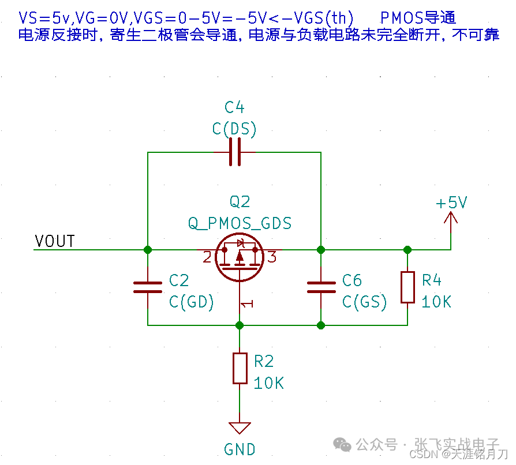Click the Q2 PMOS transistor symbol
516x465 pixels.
click(x=240, y=257)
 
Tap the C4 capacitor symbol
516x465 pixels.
click(x=234, y=152)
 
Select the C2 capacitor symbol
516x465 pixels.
click(x=148, y=287)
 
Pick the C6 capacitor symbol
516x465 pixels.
click(x=321, y=287)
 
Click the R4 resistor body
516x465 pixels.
click(x=407, y=287)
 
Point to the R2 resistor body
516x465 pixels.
click(x=240, y=368)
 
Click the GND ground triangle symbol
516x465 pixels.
click(x=240, y=428)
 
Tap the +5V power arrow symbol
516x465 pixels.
click(x=451, y=217)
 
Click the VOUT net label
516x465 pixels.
click(x=55, y=241)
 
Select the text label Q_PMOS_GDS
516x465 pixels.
click(x=240, y=223)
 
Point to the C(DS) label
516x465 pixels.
click(x=234, y=129)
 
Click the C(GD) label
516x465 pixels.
click(x=192, y=302)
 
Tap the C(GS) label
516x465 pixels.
click(x=364, y=302)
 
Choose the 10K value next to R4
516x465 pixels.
click(x=436, y=302)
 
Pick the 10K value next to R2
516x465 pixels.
click(x=268, y=383)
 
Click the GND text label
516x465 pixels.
click(x=240, y=449)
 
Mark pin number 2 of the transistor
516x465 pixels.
click(x=207, y=257)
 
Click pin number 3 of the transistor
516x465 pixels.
click(x=272, y=257)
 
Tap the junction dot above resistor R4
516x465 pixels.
click(x=407, y=250)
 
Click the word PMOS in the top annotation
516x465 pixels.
click(x=402, y=17)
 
